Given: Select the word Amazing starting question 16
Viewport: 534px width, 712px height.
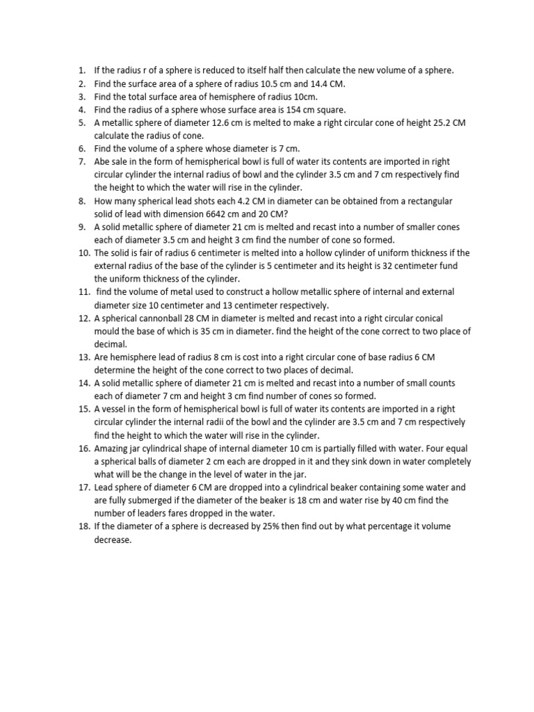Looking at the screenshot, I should pos(111,448).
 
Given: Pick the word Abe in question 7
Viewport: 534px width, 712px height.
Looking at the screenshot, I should pos(102,162).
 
